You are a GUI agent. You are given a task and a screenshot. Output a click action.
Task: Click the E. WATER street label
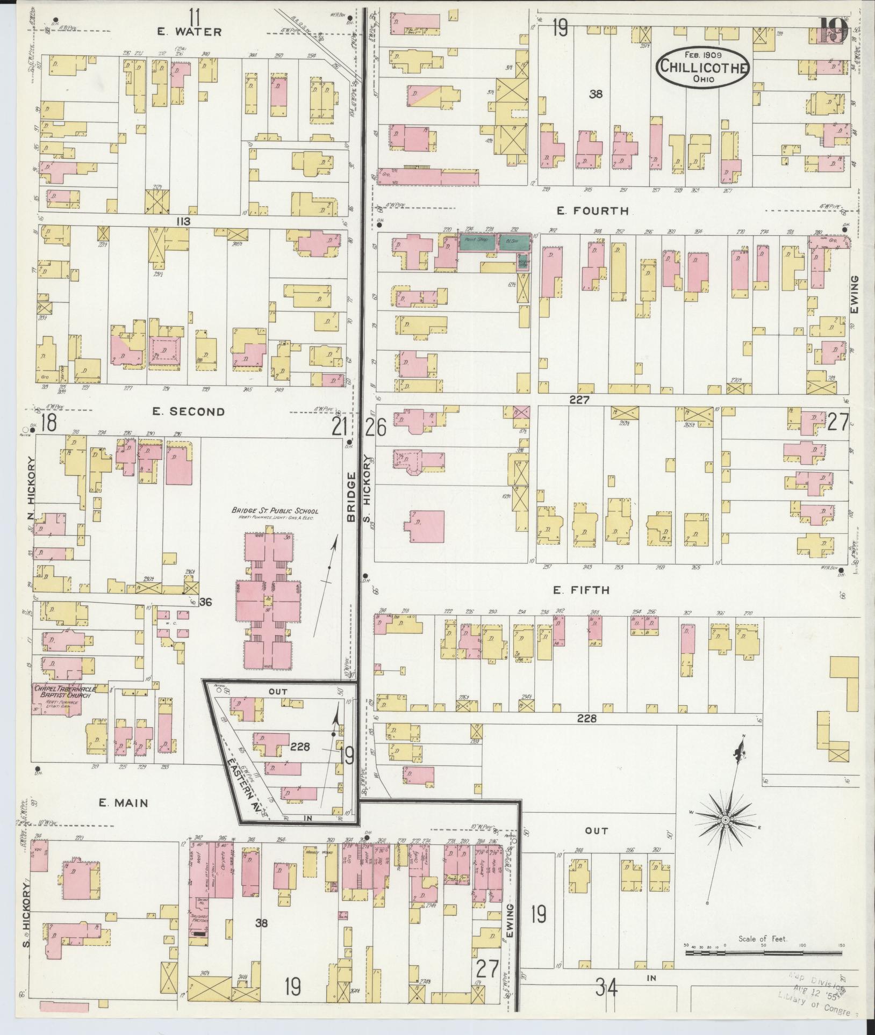point(189,32)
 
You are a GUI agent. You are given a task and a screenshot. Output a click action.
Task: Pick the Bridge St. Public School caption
point(275,511)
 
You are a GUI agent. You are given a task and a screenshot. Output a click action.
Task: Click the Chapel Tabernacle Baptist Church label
point(62,691)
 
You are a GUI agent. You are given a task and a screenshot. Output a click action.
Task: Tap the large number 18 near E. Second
point(48,423)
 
